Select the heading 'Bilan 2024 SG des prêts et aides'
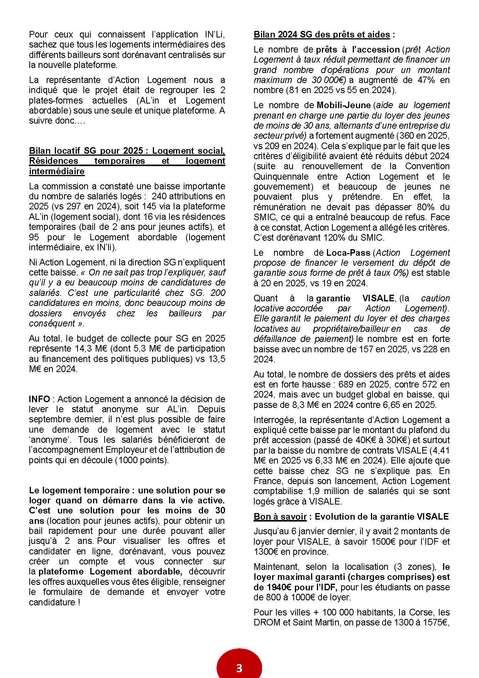click(322, 35)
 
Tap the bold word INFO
click(39, 399)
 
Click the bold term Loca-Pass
click(348, 253)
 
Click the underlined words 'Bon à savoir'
click(280, 517)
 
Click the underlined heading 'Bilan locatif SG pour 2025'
click(86, 151)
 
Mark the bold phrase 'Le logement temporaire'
click(79, 491)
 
